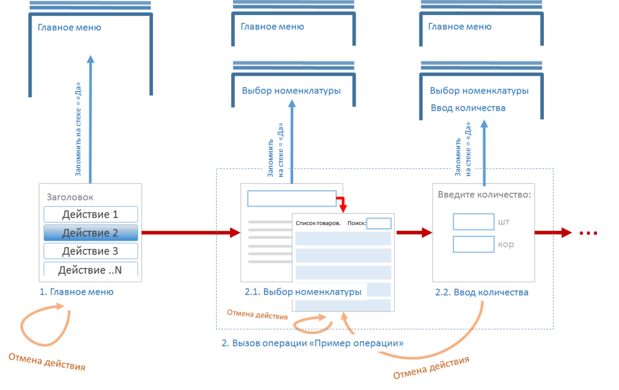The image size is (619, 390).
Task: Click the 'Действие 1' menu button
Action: point(90,214)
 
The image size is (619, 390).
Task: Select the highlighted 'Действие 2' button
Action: point(90,233)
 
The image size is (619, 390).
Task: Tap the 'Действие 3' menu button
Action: point(90,251)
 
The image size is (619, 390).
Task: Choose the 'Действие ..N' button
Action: point(90,269)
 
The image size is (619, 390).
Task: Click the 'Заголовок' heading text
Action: point(70,197)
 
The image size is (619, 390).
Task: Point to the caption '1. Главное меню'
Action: point(76,292)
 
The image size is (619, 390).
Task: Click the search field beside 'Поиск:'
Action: point(378,223)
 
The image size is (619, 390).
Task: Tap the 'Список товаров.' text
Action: point(318,223)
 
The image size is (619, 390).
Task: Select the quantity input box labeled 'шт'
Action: point(473,222)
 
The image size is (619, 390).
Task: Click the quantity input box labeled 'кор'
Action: point(473,244)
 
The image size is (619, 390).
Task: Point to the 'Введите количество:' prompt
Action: point(484,195)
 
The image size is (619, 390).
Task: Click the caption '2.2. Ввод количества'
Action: point(481,293)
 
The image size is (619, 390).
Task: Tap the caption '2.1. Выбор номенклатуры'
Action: point(303,292)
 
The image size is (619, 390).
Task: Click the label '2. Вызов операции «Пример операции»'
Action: point(312,343)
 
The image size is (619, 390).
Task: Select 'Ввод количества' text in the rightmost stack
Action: point(468,108)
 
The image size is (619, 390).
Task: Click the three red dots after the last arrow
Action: point(588,233)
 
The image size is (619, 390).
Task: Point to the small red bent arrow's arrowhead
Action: point(343,208)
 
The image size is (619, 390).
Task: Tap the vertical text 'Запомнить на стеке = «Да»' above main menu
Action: point(78,129)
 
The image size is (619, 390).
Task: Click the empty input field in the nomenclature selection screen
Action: point(292,198)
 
